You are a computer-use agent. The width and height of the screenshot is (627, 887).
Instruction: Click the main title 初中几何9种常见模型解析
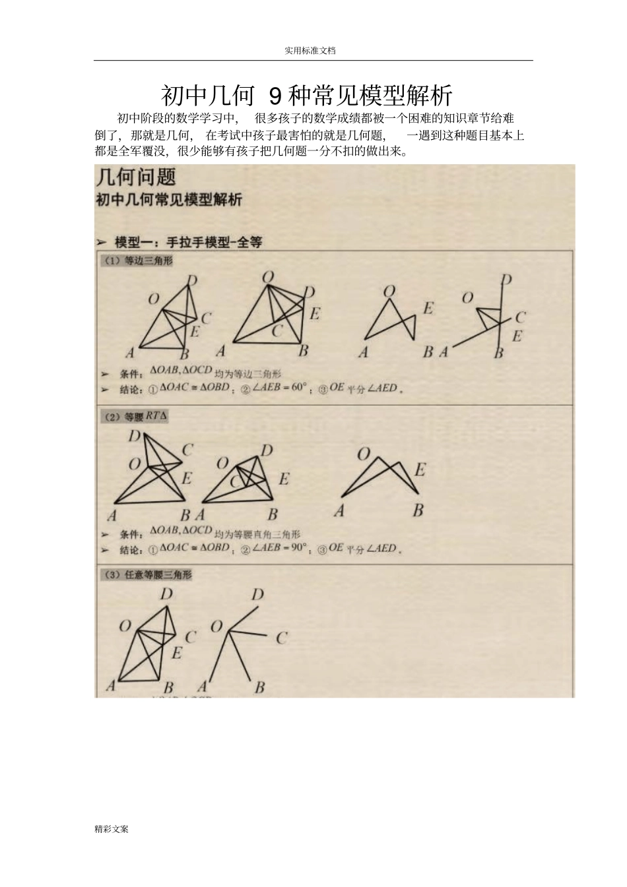click(307, 96)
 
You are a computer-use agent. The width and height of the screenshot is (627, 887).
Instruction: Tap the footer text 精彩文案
click(112, 829)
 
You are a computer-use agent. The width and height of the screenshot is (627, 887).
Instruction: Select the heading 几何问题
click(136, 177)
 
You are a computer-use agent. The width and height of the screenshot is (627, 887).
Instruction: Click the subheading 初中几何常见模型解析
click(170, 200)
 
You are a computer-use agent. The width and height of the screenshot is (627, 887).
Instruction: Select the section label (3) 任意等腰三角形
click(147, 575)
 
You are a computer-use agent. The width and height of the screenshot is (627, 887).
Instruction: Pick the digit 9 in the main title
click(276, 96)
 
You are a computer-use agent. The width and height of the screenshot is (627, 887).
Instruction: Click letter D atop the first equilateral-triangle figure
click(192, 280)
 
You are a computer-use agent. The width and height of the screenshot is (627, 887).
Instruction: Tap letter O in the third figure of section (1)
click(389, 291)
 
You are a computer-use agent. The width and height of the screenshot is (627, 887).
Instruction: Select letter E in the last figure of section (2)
click(420, 470)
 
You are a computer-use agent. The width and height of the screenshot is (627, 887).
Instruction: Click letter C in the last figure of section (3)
click(282, 638)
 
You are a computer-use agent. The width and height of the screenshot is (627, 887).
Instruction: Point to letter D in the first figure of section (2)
click(134, 436)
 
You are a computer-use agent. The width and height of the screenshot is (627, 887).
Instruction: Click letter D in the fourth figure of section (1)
click(506, 280)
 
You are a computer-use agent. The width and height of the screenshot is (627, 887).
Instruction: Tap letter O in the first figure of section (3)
click(125, 625)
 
